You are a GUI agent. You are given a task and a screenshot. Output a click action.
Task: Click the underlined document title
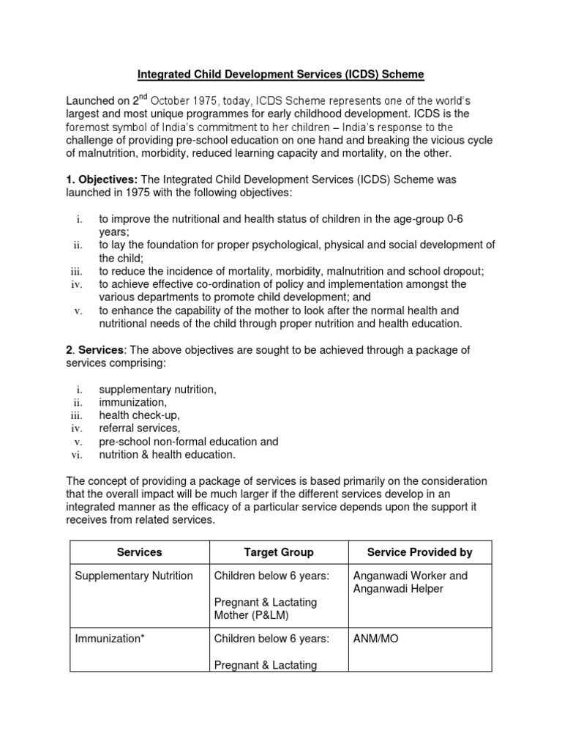pos(280,74)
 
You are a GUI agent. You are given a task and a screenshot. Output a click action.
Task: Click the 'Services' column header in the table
pos(139,552)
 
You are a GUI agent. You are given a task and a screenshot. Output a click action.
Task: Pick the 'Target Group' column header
pos(278,552)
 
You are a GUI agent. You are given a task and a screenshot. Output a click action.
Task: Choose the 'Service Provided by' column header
pos(419,552)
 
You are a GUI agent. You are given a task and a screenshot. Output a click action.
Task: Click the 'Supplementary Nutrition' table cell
pos(134,576)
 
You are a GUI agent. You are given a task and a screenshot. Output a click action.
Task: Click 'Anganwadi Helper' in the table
pos(397,589)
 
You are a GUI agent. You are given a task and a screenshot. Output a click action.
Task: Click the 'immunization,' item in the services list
pos(133,403)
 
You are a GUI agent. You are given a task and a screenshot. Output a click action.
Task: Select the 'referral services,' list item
pos(139,428)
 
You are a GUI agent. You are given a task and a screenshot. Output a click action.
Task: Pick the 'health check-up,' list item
pos(139,415)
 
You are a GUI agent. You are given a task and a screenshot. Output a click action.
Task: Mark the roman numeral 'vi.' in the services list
pos(79,455)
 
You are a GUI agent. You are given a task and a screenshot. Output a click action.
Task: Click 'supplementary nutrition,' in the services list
pos(157,390)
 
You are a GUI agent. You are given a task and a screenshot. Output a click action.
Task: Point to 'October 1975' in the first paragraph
pos(177,100)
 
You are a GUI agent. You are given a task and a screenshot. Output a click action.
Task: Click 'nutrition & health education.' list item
pos(168,455)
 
